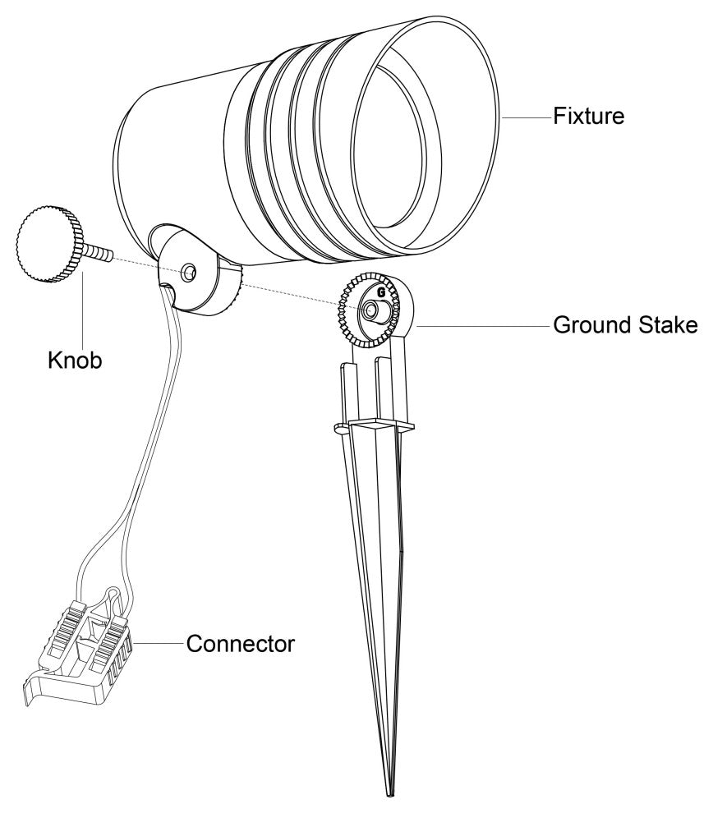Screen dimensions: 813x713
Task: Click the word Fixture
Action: (589, 117)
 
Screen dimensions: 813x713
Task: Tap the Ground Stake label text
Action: (624, 325)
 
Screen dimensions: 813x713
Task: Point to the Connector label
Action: (240, 642)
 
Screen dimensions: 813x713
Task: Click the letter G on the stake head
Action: (380, 291)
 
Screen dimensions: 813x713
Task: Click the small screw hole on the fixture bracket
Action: (190, 271)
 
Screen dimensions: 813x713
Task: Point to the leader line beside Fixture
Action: (526, 117)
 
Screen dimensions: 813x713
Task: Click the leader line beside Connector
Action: (159, 643)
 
